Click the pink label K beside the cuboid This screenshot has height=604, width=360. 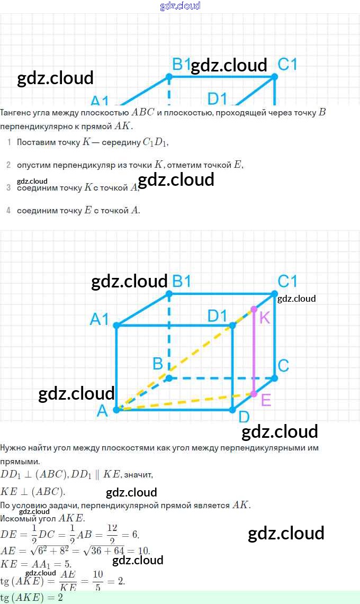265,318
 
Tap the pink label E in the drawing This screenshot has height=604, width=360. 266,400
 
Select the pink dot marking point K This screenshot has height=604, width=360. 254,309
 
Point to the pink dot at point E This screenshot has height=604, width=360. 254,394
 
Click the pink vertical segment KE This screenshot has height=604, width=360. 254,352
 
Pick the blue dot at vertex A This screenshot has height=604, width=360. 116,409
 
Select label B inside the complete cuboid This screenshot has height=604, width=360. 158,364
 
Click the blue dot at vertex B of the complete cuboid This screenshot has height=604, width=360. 169,378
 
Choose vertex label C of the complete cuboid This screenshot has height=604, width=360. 283,366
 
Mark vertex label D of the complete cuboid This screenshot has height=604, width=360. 244,417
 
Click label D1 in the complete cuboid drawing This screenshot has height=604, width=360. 217,316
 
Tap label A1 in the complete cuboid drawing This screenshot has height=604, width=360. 100,319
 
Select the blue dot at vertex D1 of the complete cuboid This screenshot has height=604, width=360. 232,325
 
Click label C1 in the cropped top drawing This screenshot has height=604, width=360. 287,65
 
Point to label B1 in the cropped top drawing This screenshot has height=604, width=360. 182,65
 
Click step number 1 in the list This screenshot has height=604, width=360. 8,142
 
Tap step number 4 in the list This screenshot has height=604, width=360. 8,211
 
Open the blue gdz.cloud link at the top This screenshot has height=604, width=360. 180,6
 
